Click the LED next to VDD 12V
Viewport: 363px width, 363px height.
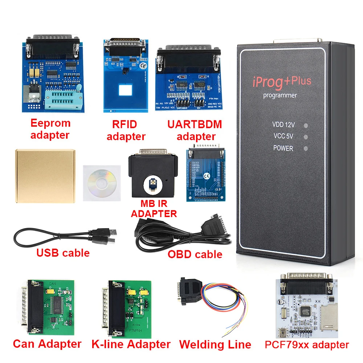click(306, 126)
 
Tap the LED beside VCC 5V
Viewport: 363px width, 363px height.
click(306, 137)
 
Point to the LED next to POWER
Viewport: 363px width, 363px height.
click(306, 148)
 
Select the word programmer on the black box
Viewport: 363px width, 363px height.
click(280, 95)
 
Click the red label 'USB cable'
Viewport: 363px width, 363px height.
click(63, 253)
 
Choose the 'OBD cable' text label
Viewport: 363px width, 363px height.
click(195, 254)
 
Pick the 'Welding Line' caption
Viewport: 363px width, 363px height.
click(215, 344)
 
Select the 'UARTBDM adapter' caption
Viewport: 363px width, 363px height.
click(195, 130)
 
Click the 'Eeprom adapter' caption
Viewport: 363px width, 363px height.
click(50, 129)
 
